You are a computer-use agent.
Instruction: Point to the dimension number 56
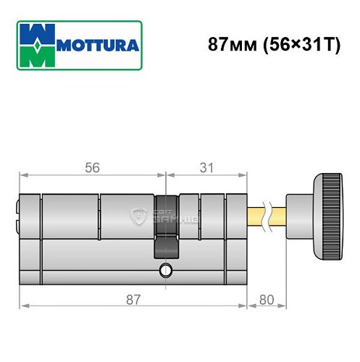click(91, 167)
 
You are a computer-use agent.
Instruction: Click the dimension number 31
click(206, 167)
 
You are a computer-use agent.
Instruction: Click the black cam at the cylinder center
click(166, 224)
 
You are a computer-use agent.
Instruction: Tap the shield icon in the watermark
click(138, 215)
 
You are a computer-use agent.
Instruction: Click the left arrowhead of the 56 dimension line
click(22, 174)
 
